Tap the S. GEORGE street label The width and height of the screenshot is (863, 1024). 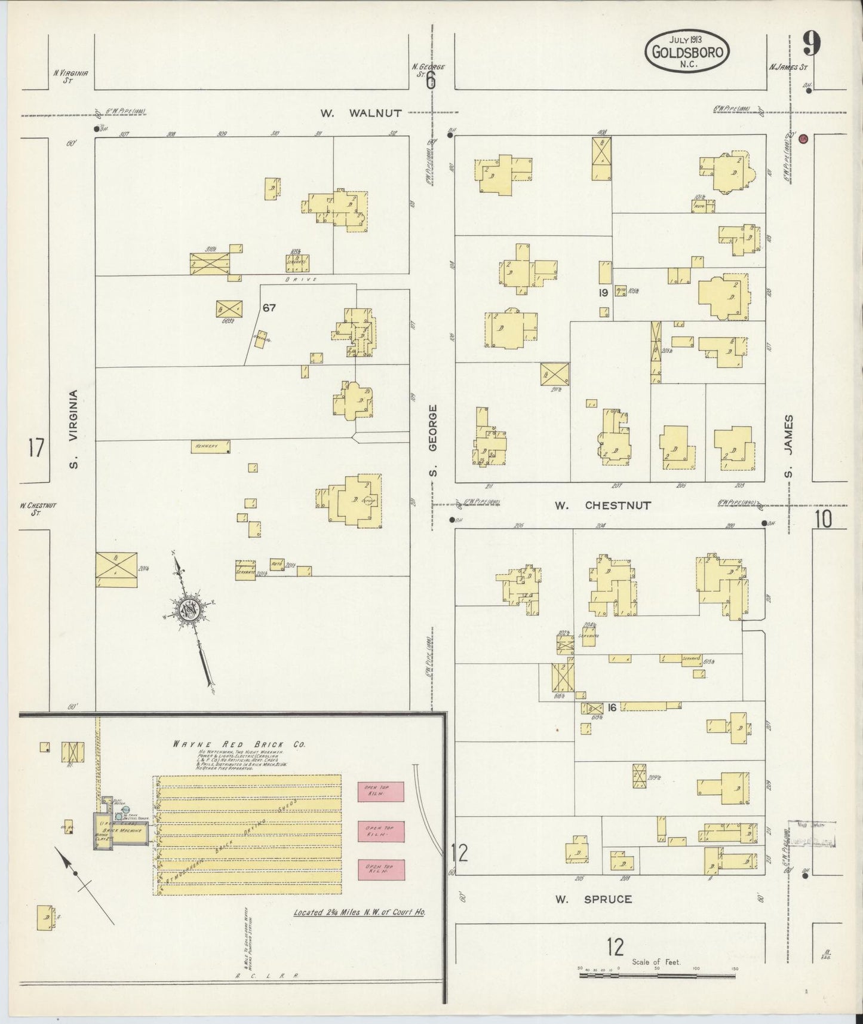433,441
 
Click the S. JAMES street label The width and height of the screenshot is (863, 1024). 789,446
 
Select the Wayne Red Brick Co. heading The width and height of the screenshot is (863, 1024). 239,744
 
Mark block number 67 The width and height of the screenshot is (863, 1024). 269,308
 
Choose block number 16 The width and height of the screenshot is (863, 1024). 612,707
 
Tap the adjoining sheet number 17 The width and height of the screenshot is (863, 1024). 36,447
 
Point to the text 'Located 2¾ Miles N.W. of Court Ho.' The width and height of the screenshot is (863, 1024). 359,913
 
